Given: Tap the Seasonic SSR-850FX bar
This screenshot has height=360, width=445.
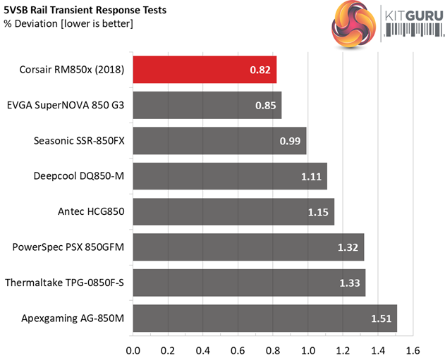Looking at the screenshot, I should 219,140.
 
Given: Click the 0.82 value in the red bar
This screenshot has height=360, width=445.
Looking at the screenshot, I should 261,70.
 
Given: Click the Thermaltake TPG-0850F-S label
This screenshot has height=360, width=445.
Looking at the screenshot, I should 65,283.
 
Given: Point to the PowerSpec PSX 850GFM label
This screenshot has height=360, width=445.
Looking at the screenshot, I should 68,247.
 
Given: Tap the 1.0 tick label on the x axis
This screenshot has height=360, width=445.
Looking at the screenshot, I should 308,350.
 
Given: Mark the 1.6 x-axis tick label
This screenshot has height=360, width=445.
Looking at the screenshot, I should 413,350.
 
